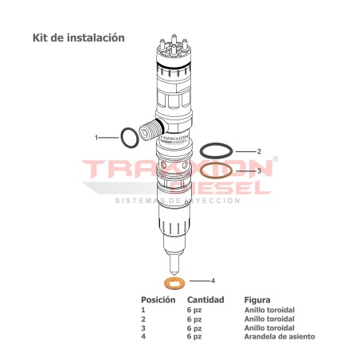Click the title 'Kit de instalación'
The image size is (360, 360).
[x=78, y=37]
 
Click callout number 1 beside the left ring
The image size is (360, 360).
[x=96, y=138]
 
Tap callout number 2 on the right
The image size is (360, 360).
[x=259, y=151]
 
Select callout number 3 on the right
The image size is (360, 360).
[x=259, y=170]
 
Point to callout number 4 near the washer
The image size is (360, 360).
[x=213, y=280]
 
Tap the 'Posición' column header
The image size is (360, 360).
[x=157, y=300]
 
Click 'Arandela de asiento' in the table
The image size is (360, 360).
[x=279, y=337]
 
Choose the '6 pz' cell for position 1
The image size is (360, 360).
[x=194, y=310]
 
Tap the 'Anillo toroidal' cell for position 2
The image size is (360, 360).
[x=269, y=319]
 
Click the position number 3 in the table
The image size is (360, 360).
[x=143, y=328]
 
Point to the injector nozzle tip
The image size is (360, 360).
[x=174, y=266]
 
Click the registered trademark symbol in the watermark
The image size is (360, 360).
[x=276, y=159]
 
